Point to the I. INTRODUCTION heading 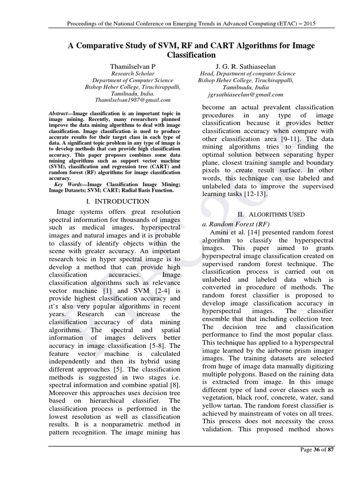tap(119, 202)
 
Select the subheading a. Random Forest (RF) tap(231, 224)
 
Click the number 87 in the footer tap(331, 463)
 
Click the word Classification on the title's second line tap(180, 55)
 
